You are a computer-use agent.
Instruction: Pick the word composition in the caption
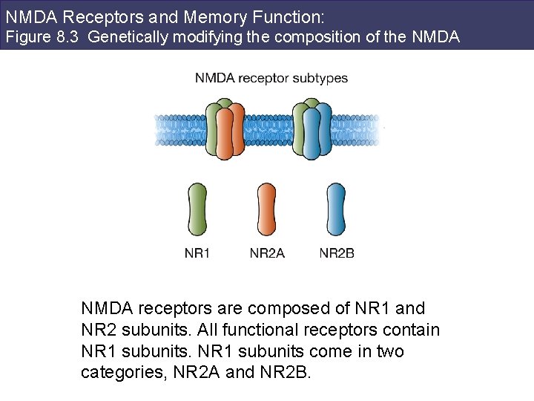[319, 36]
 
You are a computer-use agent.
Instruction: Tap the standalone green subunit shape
[197, 210]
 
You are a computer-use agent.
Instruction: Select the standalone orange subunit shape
[267, 210]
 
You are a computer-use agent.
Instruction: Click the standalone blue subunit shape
[336, 210]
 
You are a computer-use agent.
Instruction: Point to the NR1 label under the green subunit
[197, 254]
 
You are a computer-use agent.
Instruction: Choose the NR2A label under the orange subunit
[267, 254]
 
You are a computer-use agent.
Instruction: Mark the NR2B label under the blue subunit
[337, 254]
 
